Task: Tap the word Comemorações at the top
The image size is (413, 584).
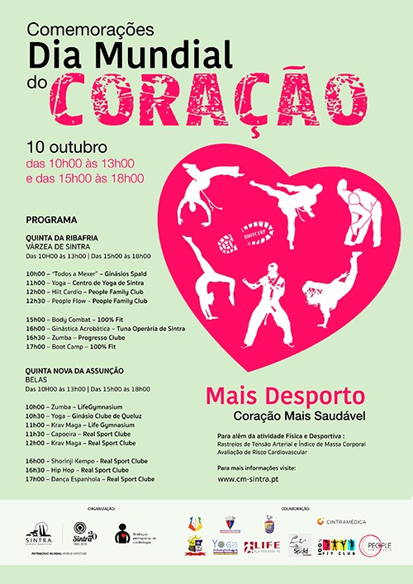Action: (x=91, y=29)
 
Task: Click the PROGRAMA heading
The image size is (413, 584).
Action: (x=51, y=221)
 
